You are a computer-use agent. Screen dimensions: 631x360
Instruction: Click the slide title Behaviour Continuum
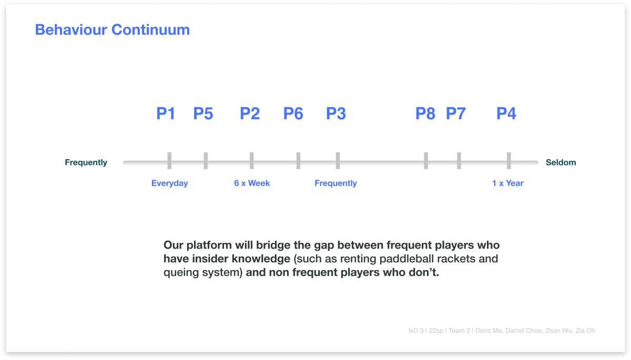tap(113, 30)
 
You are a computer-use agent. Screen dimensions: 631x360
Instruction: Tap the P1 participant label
tap(166, 114)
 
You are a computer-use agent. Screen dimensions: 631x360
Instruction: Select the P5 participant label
tap(203, 114)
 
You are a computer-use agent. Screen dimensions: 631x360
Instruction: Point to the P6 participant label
tap(293, 114)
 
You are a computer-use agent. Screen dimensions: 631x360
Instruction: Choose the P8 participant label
tap(425, 114)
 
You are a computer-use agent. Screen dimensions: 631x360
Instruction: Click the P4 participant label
tap(506, 114)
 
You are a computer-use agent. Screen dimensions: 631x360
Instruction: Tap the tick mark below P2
tap(251, 161)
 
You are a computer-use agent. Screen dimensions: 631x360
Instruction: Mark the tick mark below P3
tap(338, 161)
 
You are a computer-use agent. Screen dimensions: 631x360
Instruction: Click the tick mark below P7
tap(459, 161)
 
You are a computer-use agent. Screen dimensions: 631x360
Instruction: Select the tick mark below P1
tap(169, 161)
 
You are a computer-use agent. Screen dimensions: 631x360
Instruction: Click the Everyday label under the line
tap(169, 183)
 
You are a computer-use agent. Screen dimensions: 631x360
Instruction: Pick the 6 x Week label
tap(252, 183)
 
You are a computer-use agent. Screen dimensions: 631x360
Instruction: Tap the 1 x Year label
tap(507, 183)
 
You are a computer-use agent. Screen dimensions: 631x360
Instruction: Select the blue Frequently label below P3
tap(335, 183)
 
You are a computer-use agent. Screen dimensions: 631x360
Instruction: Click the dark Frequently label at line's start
tap(86, 162)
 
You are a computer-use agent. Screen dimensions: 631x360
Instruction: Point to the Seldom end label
tap(561, 162)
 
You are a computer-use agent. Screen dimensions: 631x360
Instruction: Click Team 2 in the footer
tap(459, 331)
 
